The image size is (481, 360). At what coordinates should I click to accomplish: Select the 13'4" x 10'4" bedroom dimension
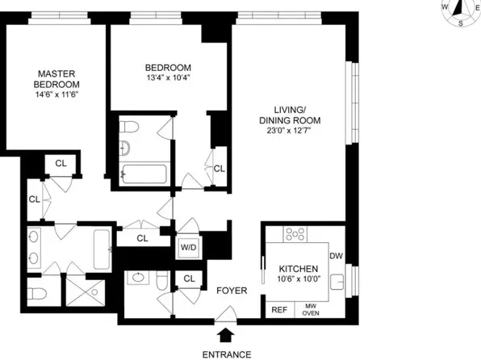(x=168, y=78)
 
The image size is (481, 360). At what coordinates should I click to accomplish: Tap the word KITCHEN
(x=298, y=269)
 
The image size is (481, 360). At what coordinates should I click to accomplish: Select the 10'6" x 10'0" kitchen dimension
(x=298, y=279)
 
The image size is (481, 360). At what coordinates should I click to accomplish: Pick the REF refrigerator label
(x=278, y=309)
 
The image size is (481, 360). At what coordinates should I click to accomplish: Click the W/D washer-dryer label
(x=188, y=246)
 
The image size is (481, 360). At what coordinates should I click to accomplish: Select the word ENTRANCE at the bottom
(x=225, y=353)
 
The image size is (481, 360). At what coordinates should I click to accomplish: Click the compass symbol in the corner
(x=460, y=10)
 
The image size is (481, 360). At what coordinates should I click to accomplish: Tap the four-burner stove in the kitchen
(x=295, y=235)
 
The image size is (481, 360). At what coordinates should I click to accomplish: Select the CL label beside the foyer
(x=190, y=279)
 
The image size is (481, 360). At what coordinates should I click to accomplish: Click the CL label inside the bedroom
(x=219, y=169)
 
